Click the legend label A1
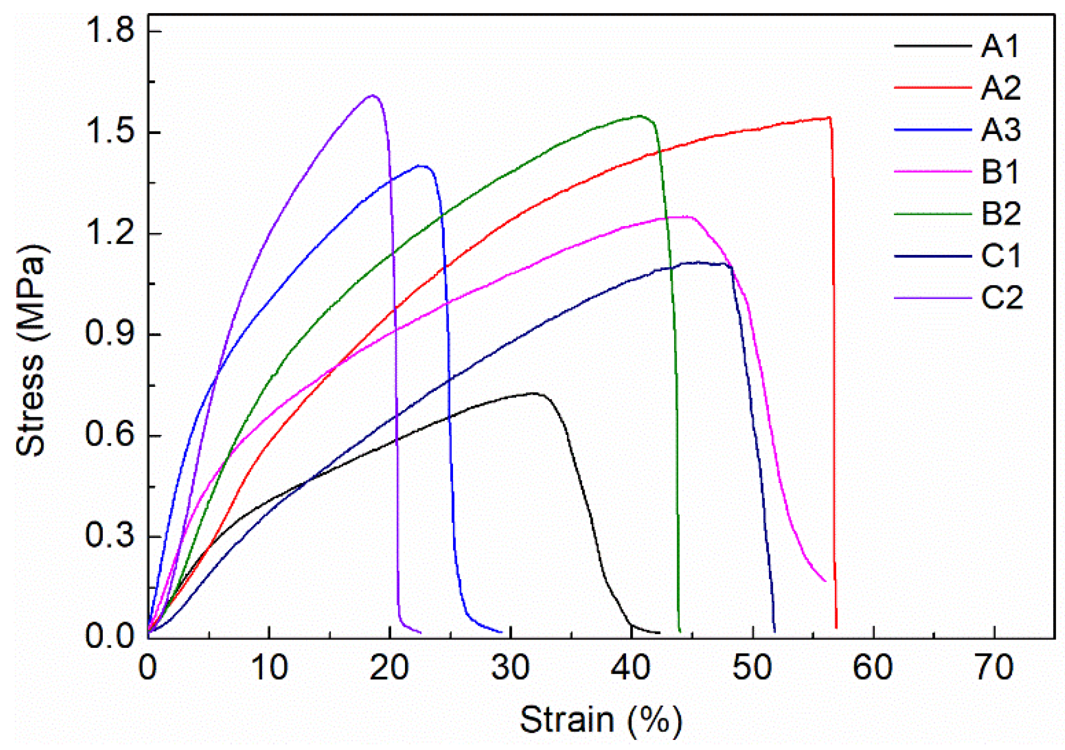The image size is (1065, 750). [x=1000, y=47]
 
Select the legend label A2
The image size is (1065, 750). [x=1001, y=89]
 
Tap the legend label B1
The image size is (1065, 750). [x=1000, y=172]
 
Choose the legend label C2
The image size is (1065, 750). [x=1002, y=298]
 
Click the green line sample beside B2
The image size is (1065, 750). [x=932, y=214]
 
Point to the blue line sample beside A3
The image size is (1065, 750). [x=932, y=130]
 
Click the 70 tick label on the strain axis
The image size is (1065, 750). [x=994, y=668]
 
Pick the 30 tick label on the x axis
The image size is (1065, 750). [x=511, y=668]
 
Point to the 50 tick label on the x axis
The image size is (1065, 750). [x=753, y=668]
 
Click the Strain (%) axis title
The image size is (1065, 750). [x=601, y=720]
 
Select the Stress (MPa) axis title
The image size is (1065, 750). [x=31, y=350]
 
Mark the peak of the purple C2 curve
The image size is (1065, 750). [x=373, y=95]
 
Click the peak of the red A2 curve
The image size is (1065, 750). [x=829, y=117]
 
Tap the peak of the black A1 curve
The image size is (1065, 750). [x=532, y=392]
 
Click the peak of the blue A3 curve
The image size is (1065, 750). [x=420, y=165]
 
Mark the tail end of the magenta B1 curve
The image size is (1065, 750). [x=825, y=581]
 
